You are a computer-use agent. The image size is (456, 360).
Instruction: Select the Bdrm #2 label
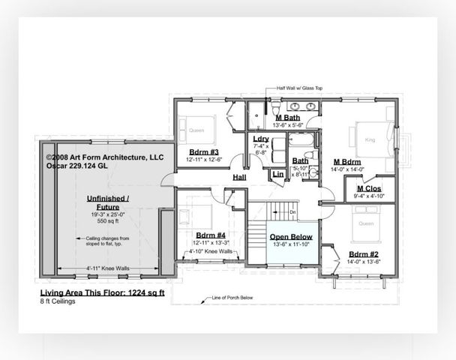tap(364, 255)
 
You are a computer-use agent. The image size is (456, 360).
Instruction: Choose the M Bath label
tap(288, 118)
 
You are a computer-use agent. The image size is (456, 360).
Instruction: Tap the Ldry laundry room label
tap(261, 139)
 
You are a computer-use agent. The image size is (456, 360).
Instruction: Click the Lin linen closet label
tap(277, 174)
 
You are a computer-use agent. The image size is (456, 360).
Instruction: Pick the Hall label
tap(239, 177)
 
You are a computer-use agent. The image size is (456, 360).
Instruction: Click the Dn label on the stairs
tap(293, 212)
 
